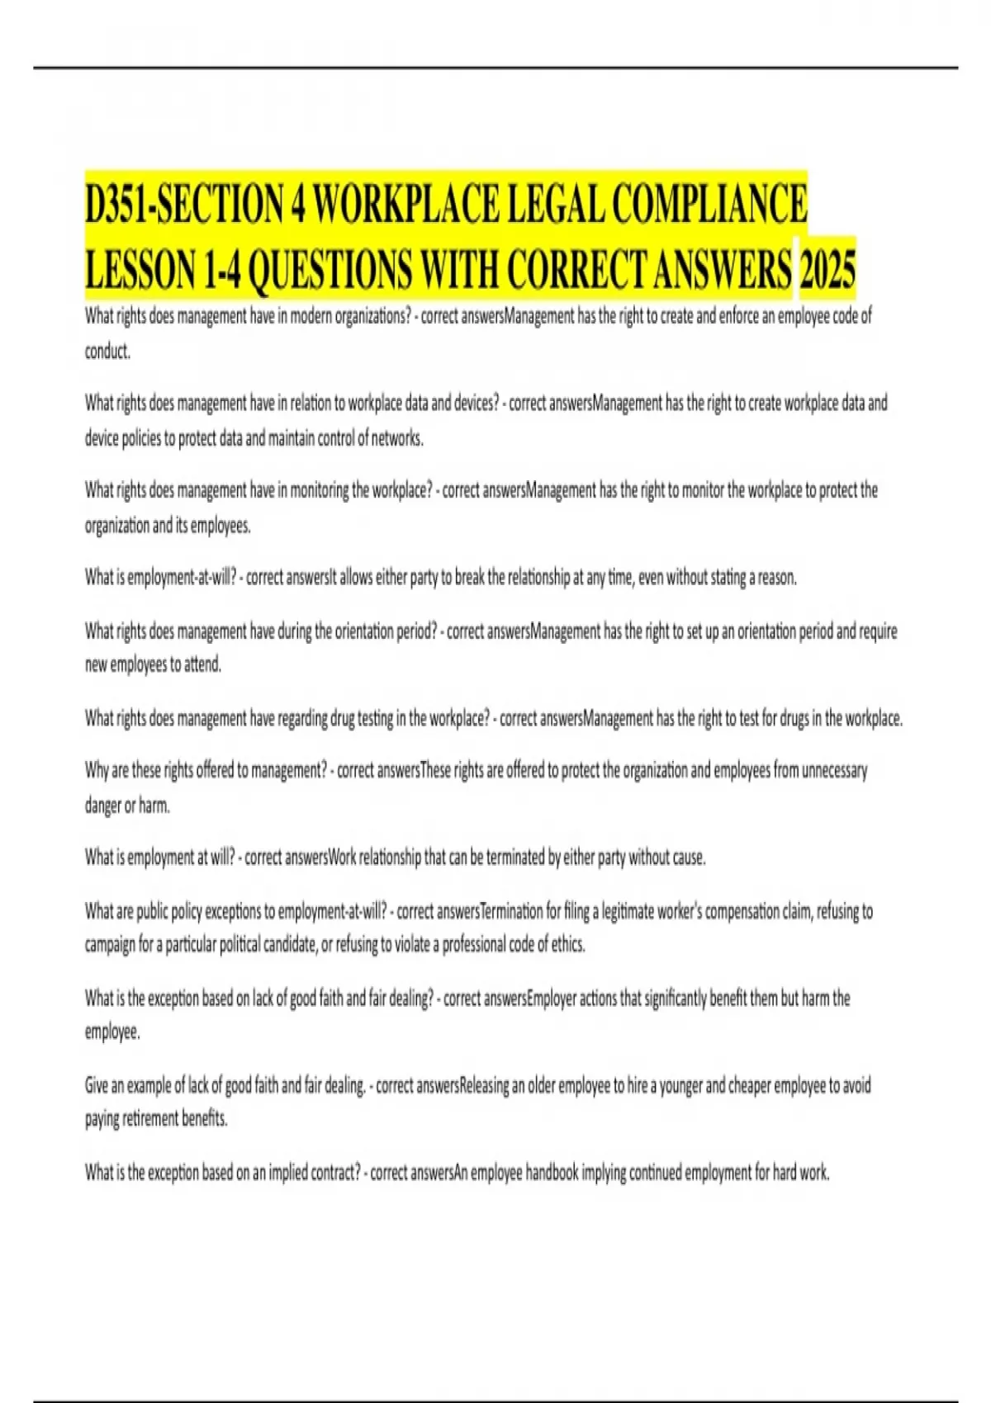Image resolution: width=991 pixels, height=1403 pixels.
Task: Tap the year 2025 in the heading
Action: [x=827, y=269]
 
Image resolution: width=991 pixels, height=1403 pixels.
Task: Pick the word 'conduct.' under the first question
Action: [x=107, y=352]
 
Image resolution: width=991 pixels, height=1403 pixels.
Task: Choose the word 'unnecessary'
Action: [x=834, y=771]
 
